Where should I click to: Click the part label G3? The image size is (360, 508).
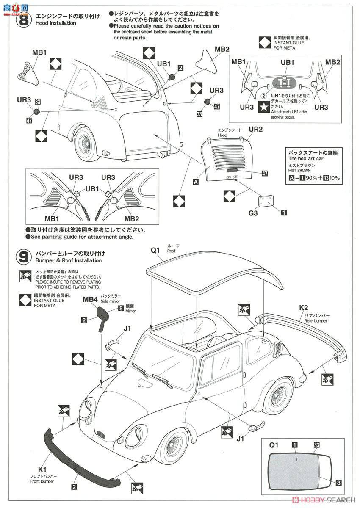pos(253,213)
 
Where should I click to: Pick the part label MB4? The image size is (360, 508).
pos(90,299)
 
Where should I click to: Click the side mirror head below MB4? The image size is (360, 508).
pos(103,313)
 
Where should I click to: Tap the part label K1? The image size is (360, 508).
pos(42,469)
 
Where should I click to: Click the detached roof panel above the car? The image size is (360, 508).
pos(212,275)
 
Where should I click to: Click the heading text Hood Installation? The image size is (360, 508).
pos(56,23)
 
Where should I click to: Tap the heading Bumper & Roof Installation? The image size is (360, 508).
pos(69,260)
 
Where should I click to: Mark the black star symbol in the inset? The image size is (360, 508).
pos(263,107)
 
